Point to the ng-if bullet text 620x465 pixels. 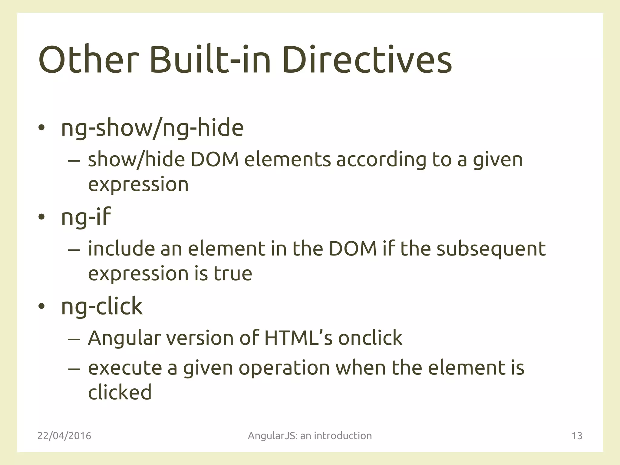[x=86, y=217]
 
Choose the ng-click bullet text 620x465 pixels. [x=102, y=306]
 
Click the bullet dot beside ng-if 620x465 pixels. [x=41, y=217]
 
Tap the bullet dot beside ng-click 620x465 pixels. [x=41, y=306]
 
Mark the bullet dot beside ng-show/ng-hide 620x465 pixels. [x=41, y=128]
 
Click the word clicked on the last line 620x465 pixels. [x=120, y=392]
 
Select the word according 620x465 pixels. [x=381, y=160]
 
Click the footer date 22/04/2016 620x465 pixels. [x=64, y=436]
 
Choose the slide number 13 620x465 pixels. [x=577, y=436]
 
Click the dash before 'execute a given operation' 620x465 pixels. [x=74, y=369]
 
